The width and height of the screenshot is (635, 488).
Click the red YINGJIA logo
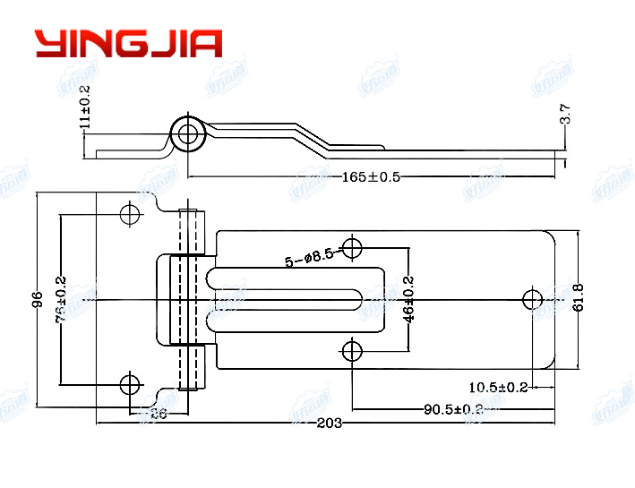128,43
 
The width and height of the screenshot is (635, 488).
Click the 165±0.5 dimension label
371,176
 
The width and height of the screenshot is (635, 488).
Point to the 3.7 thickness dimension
565,114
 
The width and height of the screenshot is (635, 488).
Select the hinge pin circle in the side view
188,134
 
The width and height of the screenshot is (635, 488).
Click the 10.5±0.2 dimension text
498,387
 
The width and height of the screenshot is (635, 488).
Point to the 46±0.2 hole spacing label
408,298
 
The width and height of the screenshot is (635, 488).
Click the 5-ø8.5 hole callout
309,259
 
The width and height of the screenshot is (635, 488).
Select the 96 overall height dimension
38,299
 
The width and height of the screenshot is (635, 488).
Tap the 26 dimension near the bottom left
158,413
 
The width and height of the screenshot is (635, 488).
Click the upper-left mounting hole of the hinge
130,214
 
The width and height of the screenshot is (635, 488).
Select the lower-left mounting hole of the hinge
130,385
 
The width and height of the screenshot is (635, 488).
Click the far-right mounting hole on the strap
533,299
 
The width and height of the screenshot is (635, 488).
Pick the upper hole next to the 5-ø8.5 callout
353,248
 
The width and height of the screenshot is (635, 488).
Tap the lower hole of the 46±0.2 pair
353,349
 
